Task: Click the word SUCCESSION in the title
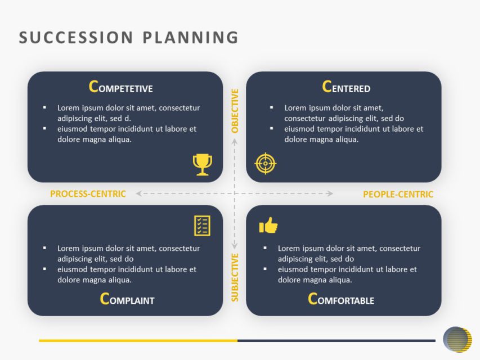click(76, 37)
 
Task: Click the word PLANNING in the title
click(191, 37)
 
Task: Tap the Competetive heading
click(121, 87)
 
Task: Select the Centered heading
click(346, 87)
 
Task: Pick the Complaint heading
click(127, 299)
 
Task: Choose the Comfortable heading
click(341, 299)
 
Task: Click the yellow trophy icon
click(203, 164)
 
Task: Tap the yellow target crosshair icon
click(266, 163)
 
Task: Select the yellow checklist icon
click(202, 226)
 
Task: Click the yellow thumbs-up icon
click(268, 226)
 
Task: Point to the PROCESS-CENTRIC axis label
click(88, 194)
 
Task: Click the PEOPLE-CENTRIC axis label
click(398, 195)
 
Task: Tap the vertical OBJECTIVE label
click(235, 111)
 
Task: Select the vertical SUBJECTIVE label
click(235, 277)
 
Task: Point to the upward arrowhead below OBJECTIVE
click(235, 141)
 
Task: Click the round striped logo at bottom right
click(457, 339)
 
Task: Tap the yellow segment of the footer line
click(138, 340)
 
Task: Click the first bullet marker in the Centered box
click(272, 107)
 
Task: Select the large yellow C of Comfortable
click(313, 299)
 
